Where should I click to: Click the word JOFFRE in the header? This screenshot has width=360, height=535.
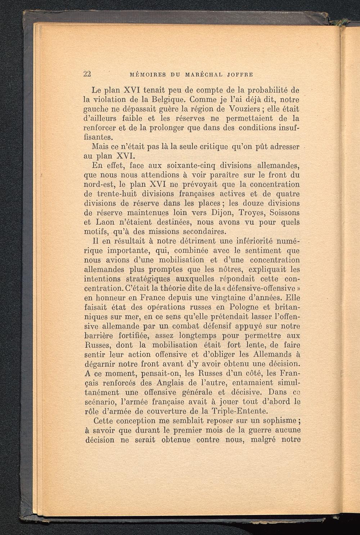tap(240, 75)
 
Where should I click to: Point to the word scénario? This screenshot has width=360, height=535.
tap(100, 402)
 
